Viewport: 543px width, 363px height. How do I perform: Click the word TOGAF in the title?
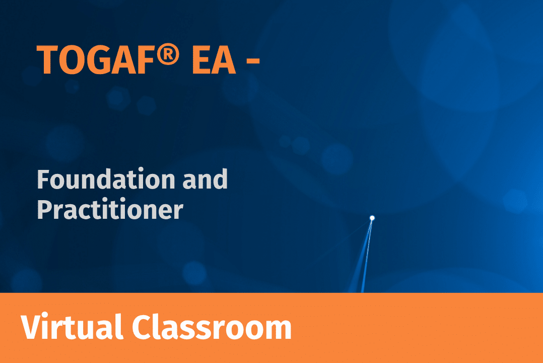(x=95, y=60)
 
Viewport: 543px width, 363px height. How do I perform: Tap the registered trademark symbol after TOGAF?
(x=168, y=54)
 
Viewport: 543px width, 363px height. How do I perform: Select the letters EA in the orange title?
(x=214, y=60)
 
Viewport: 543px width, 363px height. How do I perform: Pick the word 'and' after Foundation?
(x=205, y=179)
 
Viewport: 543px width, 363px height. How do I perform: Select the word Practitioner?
(x=110, y=209)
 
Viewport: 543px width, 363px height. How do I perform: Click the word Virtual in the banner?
(x=72, y=327)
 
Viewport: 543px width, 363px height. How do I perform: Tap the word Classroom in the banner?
(x=212, y=327)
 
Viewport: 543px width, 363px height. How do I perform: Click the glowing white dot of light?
(x=372, y=218)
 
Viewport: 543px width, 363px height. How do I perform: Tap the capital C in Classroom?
(x=143, y=327)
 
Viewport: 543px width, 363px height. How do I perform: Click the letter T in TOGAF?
(x=47, y=60)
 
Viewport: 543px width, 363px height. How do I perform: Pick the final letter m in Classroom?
(x=277, y=330)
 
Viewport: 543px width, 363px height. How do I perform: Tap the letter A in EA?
(x=224, y=60)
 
